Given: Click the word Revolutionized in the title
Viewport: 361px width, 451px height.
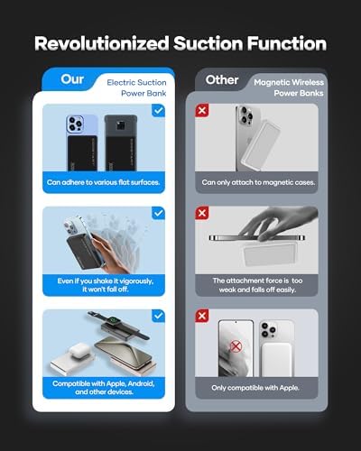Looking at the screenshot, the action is click(102, 43).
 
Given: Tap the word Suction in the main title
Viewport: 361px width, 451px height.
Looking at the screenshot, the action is click(208, 43).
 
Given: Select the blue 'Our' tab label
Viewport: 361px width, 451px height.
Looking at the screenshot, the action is click(72, 79).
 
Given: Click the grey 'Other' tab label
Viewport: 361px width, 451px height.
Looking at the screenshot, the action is click(222, 80).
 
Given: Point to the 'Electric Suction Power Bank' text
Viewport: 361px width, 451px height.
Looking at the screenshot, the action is click(136, 87).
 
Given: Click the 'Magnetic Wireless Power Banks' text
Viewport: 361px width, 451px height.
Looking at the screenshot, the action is click(289, 87).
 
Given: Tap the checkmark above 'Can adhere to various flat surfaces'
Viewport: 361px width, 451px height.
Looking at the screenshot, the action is click(158, 111).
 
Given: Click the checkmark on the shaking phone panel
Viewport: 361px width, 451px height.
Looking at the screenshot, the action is click(158, 213).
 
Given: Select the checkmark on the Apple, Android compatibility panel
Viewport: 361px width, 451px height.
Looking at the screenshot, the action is click(158, 316).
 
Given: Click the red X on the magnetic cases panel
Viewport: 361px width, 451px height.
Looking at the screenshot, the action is click(202, 110).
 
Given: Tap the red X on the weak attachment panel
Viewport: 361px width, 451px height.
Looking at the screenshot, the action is click(202, 213).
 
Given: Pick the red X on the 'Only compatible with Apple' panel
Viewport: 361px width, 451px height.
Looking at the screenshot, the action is click(202, 316).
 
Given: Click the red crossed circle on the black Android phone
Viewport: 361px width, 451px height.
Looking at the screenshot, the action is click(236, 346).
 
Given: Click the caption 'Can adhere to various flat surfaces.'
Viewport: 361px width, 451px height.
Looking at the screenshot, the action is click(103, 182).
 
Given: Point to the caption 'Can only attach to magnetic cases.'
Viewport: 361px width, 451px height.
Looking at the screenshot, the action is click(258, 182).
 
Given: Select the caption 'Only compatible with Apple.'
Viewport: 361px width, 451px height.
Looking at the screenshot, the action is click(255, 388).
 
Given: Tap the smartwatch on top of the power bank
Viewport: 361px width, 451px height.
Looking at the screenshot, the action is click(115, 323).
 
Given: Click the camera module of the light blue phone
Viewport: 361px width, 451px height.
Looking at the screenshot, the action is click(75, 124).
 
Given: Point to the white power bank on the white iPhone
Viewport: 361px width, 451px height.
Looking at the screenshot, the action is click(277, 360).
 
